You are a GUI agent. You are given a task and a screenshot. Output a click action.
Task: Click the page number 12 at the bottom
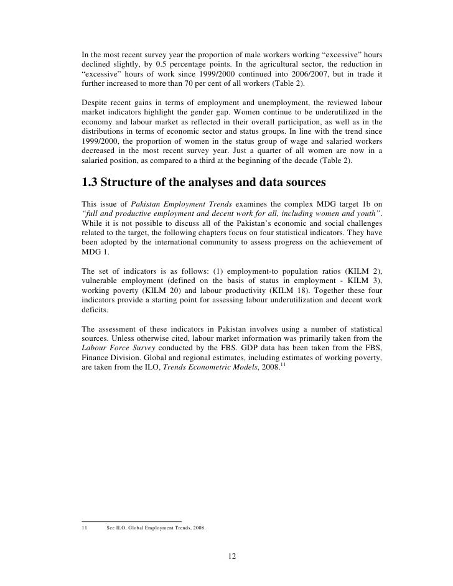pos(231,556)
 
